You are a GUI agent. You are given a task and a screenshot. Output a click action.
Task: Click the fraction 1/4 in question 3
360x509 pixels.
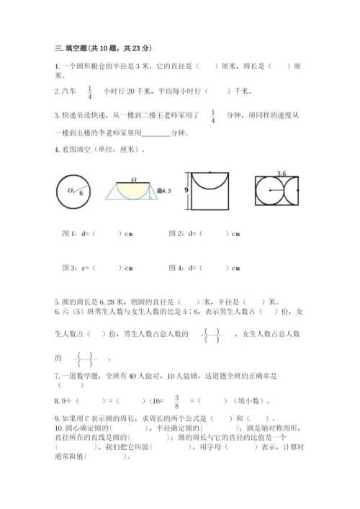(213, 116)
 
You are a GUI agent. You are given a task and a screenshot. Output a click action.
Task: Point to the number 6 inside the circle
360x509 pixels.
(81, 193)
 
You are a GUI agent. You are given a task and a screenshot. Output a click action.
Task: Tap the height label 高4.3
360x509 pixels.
(165, 190)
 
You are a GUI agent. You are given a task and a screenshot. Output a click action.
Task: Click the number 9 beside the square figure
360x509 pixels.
(186, 190)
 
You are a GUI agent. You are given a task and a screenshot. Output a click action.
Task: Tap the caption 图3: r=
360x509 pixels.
(76, 269)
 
